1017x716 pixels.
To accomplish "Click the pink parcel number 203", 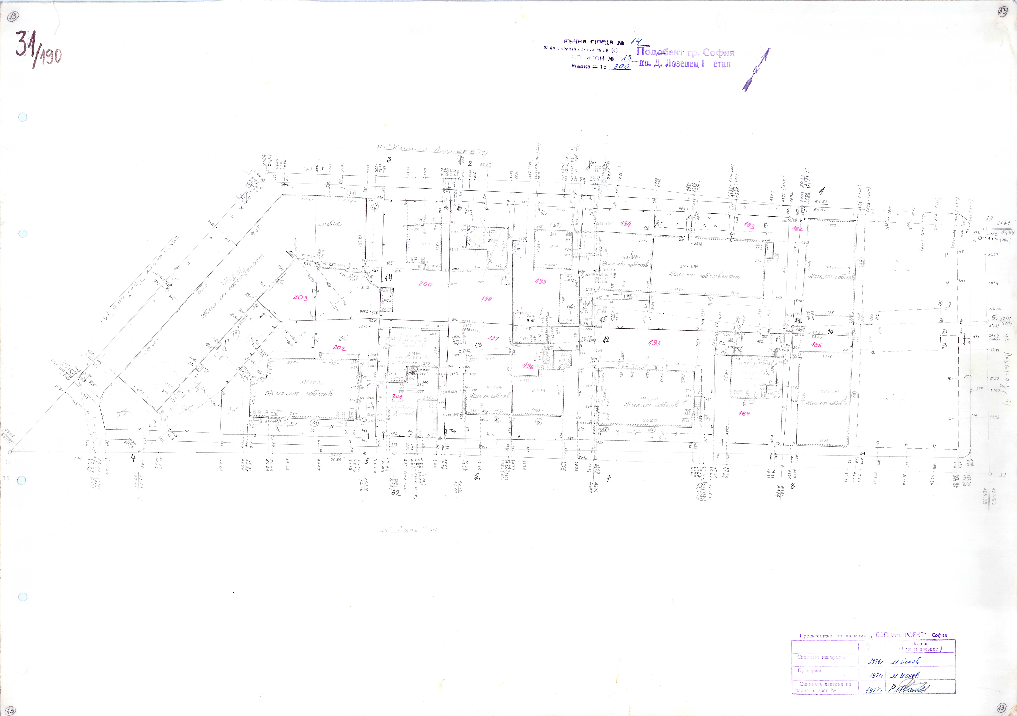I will tap(300, 298).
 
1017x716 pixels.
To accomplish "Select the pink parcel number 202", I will tap(339, 348).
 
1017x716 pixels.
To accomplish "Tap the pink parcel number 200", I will tap(425, 284).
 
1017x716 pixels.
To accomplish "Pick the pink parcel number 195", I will tap(541, 281).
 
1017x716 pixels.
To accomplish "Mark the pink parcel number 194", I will tap(625, 224).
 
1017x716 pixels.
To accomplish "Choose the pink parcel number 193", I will tap(654, 343).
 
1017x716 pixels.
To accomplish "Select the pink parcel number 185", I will tap(816, 345).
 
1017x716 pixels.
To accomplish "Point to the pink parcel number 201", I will tap(397, 397).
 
